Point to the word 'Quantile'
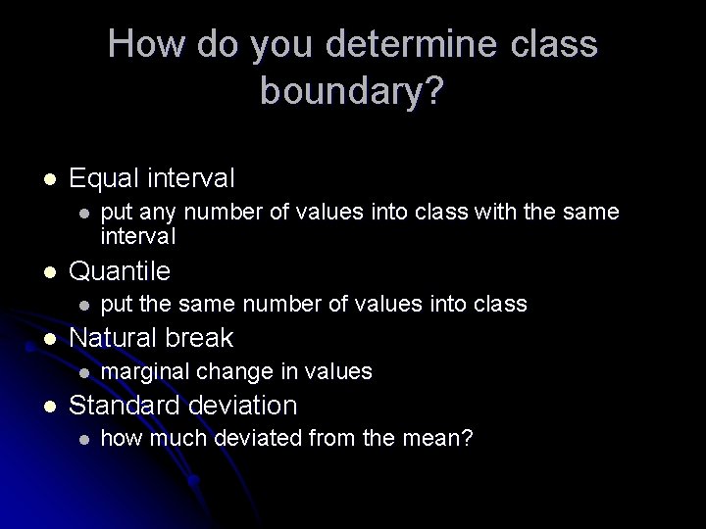tap(121, 269)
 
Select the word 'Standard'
tap(125, 406)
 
